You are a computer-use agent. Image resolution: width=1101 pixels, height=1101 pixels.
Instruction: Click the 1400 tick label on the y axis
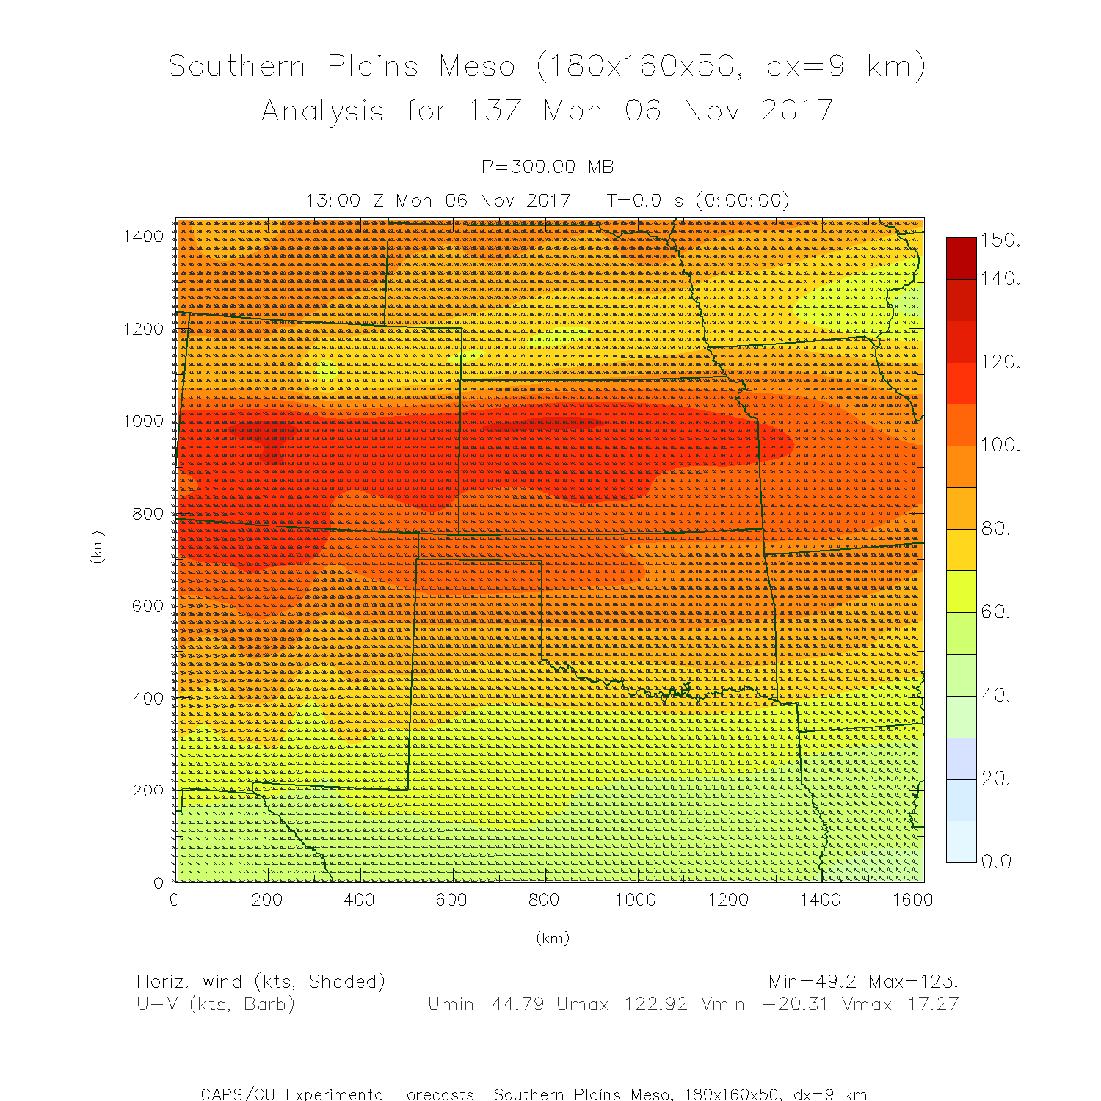click(x=143, y=236)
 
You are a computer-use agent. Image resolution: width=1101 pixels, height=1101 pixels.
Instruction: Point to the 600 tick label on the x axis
click(x=451, y=900)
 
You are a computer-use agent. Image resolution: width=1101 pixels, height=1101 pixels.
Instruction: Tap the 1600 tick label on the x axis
click(x=912, y=900)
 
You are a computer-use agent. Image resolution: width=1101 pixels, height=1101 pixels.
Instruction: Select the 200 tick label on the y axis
click(x=148, y=791)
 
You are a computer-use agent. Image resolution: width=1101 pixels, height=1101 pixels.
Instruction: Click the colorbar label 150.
click(x=1000, y=241)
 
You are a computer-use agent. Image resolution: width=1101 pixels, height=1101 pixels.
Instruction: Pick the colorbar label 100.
click(x=1000, y=445)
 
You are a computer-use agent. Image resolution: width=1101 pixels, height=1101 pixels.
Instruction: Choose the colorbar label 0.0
click(x=997, y=862)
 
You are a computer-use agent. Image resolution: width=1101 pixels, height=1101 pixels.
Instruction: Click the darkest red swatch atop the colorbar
click(x=961, y=258)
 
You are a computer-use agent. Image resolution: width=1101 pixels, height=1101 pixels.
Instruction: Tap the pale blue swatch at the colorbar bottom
click(x=961, y=841)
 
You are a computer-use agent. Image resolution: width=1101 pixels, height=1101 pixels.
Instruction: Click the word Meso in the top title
click(x=477, y=66)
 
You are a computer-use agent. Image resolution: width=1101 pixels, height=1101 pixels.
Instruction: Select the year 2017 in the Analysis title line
click(x=796, y=111)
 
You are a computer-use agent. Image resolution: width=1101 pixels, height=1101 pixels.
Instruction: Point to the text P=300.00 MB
click(x=548, y=167)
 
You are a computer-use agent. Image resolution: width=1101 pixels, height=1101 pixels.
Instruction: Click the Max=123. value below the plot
click(x=913, y=981)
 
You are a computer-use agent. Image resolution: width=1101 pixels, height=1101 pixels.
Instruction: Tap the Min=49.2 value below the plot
click(x=813, y=981)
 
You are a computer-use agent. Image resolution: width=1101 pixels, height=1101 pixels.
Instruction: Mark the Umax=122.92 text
click(x=622, y=1004)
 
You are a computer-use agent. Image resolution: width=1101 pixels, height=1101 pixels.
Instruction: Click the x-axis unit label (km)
click(x=553, y=938)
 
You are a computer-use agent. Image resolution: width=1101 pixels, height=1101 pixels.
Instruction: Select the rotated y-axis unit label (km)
click(x=97, y=547)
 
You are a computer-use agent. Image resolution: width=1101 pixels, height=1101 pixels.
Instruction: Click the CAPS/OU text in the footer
click(x=238, y=1094)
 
